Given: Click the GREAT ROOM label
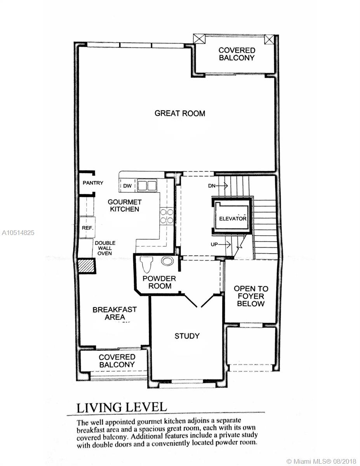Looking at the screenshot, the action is [x=180, y=113].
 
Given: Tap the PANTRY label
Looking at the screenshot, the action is [x=93, y=183].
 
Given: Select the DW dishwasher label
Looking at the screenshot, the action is [x=127, y=186].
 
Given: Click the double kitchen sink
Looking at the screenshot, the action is [x=147, y=186].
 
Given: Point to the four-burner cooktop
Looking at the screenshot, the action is [x=167, y=216].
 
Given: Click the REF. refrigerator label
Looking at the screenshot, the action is [x=87, y=228].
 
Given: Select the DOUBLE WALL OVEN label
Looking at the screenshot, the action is [x=105, y=248].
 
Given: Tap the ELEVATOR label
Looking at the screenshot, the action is [x=233, y=219].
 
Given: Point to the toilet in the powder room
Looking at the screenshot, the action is [x=146, y=264].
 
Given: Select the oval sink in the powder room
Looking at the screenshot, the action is [x=167, y=261].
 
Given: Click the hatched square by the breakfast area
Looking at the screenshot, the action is [x=86, y=266].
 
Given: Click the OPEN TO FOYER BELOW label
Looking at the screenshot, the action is [x=251, y=296].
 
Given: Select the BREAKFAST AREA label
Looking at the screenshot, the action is [x=115, y=313].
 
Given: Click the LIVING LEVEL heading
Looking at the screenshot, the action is [x=122, y=407].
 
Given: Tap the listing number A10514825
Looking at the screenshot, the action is [x=18, y=233].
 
